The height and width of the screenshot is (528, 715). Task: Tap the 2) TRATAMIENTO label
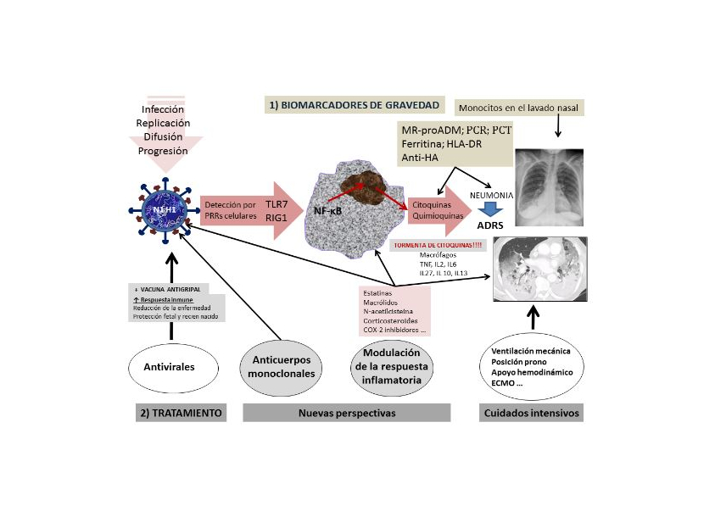point(180,413)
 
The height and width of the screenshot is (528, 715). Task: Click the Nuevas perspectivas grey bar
point(347,413)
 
